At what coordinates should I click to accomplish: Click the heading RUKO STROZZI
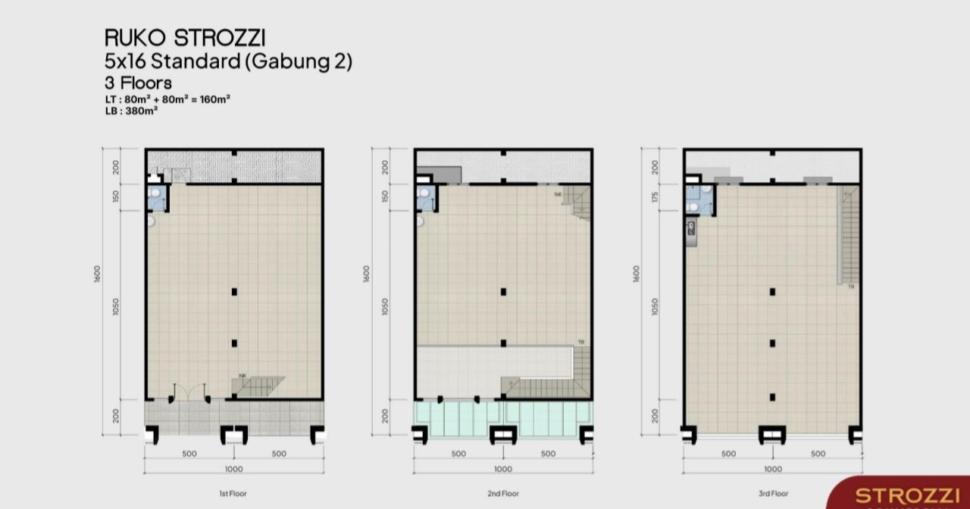185,38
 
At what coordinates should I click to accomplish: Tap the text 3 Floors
138,83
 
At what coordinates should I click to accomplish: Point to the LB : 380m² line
131,111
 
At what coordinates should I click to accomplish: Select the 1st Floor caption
233,493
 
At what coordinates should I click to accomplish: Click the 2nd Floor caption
503,493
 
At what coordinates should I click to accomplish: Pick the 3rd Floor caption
774,493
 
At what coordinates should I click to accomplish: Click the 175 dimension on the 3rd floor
655,197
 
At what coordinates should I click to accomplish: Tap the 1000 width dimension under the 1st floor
234,469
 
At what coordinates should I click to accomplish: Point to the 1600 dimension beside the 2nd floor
367,274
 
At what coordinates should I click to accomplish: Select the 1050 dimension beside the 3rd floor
655,307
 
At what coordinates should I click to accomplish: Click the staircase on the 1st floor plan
258,387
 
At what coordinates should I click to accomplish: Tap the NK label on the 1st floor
242,375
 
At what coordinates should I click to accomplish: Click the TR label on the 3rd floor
851,287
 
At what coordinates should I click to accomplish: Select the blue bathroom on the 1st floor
157,198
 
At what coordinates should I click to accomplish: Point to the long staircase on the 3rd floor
848,234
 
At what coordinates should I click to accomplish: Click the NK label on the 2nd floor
559,195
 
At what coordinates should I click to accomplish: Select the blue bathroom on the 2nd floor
426,198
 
